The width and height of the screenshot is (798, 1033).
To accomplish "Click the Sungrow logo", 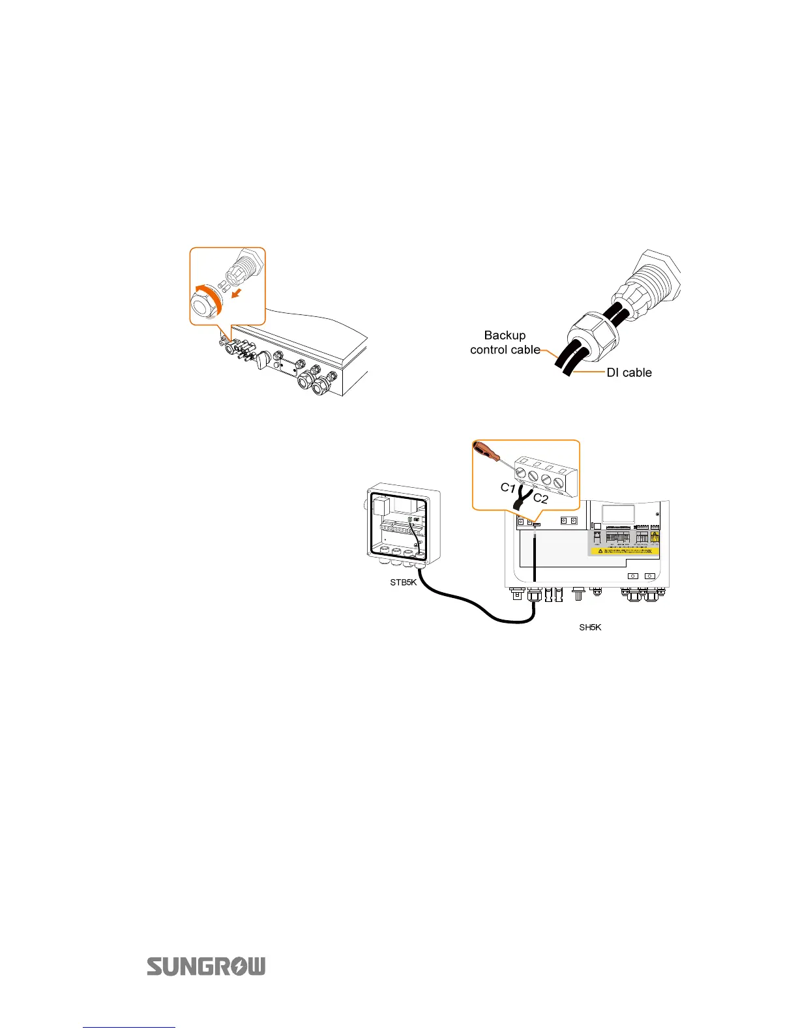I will tap(206, 966).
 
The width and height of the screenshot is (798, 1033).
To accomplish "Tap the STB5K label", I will tap(403, 582).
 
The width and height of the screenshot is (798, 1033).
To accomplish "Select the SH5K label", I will tap(590, 627).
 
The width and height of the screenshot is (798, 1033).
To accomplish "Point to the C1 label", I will tap(508, 487).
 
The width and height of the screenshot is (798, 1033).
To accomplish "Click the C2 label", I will tap(540, 499).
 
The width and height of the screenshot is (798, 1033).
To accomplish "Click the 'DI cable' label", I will tap(628, 372).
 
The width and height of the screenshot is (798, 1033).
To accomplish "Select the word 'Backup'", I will tap(505, 335).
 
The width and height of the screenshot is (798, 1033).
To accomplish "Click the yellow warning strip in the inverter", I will tap(625, 552).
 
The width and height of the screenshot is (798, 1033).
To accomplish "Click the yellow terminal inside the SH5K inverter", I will tap(655, 538).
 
